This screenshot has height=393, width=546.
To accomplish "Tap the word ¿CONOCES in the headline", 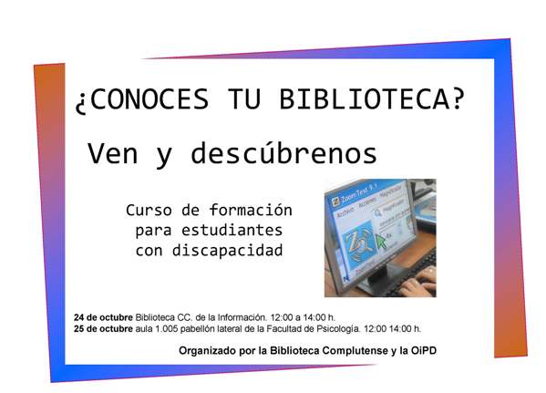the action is (142, 100).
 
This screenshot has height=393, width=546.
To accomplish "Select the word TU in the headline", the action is (244, 99).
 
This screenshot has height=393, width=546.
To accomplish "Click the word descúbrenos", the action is (283, 152).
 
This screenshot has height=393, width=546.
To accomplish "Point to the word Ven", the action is (112, 153).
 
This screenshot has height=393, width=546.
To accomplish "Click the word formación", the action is (251, 210).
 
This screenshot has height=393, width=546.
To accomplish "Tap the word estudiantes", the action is (232, 231).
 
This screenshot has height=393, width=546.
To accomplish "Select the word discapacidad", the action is (227, 250).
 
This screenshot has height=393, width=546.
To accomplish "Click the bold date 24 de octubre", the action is (103, 317).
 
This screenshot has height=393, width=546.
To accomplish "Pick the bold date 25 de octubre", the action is (103, 328).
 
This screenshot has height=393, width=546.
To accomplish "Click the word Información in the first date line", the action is (242, 317).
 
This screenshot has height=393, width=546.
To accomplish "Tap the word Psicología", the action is (338, 328).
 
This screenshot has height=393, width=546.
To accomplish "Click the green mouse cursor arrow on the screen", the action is (381, 241).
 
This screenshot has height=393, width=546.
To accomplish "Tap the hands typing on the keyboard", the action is (417, 282).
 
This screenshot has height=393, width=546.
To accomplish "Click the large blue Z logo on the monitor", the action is (357, 243).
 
